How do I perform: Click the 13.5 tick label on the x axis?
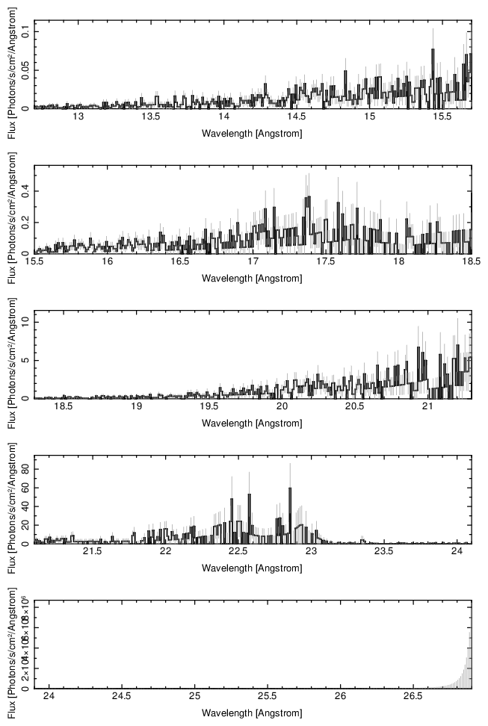coord(151,117)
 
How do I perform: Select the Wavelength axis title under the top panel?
coord(252,133)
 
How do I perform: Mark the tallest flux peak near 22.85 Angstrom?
coord(290,488)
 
